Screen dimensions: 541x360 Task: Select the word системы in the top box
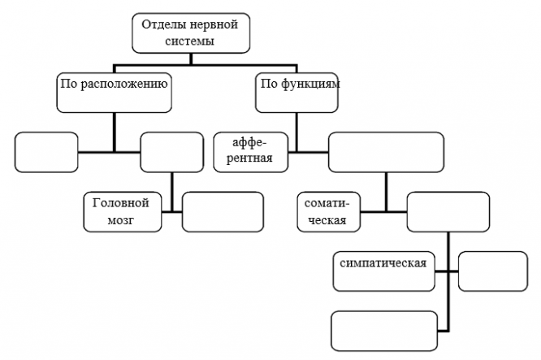189,41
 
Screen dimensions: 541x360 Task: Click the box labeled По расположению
115,93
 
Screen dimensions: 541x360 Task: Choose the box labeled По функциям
296,93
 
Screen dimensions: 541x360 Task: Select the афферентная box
251,152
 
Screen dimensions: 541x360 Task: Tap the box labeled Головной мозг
123,212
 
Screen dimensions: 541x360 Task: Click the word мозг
120,220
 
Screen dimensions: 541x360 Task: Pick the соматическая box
329,212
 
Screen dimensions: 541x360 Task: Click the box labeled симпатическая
384,271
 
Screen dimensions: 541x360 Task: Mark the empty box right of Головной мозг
223,212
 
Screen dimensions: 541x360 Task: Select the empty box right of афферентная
386,152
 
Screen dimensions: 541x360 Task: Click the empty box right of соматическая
448,212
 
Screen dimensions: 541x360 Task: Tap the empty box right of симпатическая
493,271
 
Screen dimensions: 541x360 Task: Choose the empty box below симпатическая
384,332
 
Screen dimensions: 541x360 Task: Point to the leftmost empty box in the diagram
46,152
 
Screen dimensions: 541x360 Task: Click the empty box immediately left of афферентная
172,152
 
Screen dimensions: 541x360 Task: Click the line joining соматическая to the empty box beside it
383,211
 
